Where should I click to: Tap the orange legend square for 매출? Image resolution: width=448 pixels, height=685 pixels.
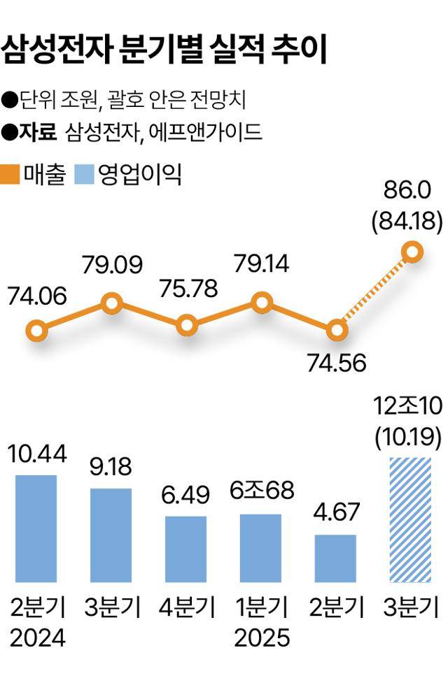(12, 174)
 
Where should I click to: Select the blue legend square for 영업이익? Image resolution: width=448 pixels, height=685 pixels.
(83, 174)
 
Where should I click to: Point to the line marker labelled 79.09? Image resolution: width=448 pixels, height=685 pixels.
(112, 303)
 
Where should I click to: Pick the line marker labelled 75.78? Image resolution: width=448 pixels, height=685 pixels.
(187, 325)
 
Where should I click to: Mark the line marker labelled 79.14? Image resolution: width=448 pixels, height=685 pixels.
(262, 303)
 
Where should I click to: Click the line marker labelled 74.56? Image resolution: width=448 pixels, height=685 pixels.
(337, 329)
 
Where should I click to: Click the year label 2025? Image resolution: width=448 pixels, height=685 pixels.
(260, 638)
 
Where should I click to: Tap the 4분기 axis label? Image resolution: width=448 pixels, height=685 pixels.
(186, 607)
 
